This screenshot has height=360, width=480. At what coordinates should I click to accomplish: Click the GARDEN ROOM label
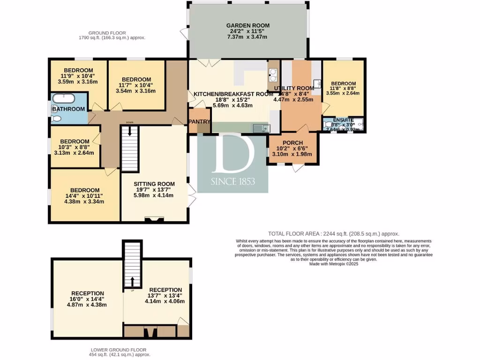click(247, 26)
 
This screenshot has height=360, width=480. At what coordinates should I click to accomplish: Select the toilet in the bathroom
click(56, 119)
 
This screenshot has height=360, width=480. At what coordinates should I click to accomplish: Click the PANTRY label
click(199, 121)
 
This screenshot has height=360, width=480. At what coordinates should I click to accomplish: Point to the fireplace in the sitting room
click(154, 218)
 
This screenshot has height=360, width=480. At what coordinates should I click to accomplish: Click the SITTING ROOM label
click(154, 184)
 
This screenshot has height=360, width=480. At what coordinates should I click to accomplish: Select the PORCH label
click(293, 143)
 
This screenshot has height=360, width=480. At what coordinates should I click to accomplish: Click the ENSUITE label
click(344, 120)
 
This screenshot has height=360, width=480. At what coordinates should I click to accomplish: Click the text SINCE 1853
click(233, 181)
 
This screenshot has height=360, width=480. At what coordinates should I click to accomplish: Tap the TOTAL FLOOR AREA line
click(333, 233)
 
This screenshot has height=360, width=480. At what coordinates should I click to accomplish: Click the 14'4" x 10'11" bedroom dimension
click(84, 195)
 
